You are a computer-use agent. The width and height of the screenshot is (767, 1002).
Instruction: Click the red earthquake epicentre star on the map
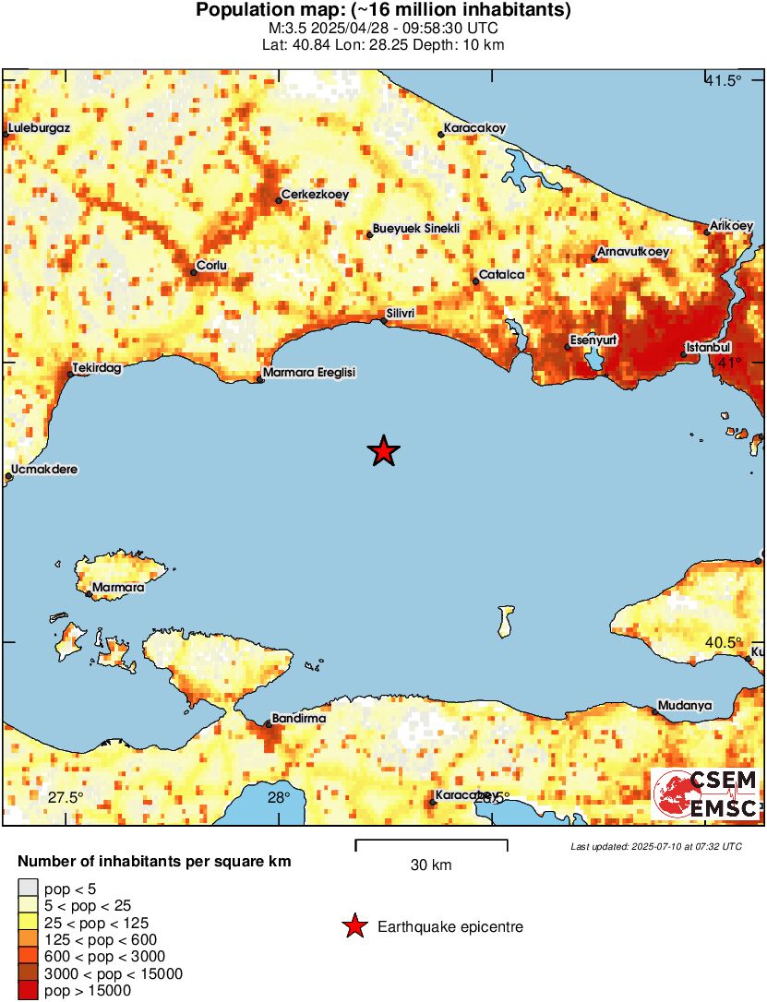click(x=383, y=451)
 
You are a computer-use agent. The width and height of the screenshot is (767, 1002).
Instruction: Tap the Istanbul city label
click(x=710, y=347)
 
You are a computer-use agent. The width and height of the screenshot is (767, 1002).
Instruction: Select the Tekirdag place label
click(x=98, y=366)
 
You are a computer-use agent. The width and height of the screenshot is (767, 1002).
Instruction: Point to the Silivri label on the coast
click(x=401, y=314)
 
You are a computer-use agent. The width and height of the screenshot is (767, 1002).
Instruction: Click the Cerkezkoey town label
click(x=314, y=194)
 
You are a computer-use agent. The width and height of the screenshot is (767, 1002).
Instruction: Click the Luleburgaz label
click(x=39, y=128)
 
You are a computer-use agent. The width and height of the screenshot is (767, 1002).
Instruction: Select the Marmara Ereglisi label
click(x=309, y=373)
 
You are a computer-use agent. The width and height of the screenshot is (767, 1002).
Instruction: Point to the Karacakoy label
click(x=474, y=127)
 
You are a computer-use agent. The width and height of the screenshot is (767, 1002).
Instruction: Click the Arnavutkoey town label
click(x=633, y=251)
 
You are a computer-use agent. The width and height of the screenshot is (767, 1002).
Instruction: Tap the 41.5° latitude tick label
click(x=723, y=81)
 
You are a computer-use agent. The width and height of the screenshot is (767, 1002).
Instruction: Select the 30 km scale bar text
click(x=431, y=865)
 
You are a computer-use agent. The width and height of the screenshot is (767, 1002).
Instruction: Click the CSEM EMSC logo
click(x=706, y=793)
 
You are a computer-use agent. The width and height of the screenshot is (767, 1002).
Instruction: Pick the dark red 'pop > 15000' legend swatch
click(x=28, y=991)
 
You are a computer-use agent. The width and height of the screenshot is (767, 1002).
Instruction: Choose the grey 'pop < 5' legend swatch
click(x=28, y=889)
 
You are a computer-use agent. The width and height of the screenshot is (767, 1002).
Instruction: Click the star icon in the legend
click(x=354, y=926)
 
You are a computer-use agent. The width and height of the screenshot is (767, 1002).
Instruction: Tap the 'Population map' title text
click(x=383, y=11)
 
